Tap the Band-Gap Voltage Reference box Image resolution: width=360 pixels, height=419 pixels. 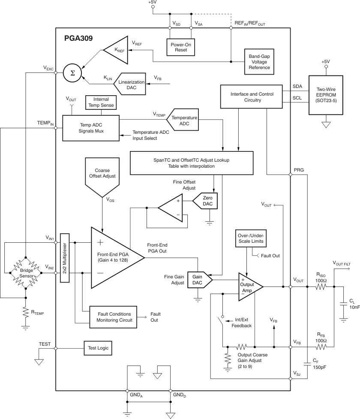click(x=260, y=61)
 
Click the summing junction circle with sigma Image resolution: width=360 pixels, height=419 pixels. click(x=72, y=73)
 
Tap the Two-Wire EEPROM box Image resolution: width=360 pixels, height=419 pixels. click(x=325, y=93)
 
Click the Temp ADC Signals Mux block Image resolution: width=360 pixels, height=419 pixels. click(x=90, y=127)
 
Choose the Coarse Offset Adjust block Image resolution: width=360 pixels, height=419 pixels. click(x=102, y=174)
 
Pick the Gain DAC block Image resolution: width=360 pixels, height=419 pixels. click(x=198, y=280)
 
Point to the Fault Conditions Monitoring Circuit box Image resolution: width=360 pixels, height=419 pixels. click(x=113, y=317)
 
